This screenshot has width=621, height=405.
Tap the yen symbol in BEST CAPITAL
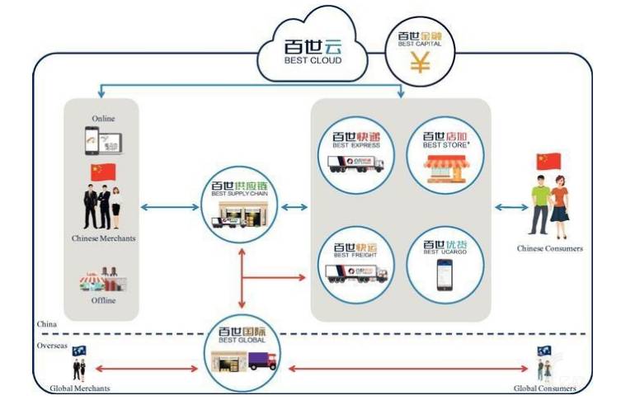point(421,62)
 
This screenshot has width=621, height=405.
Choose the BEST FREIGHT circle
point(356,261)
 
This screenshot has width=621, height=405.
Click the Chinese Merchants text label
point(103,239)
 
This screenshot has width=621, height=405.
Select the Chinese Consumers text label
point(550,248)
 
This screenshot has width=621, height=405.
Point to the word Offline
point(103,300)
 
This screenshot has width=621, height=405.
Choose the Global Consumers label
point(543,388)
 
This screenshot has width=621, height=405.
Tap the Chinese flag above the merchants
point(103,172)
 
